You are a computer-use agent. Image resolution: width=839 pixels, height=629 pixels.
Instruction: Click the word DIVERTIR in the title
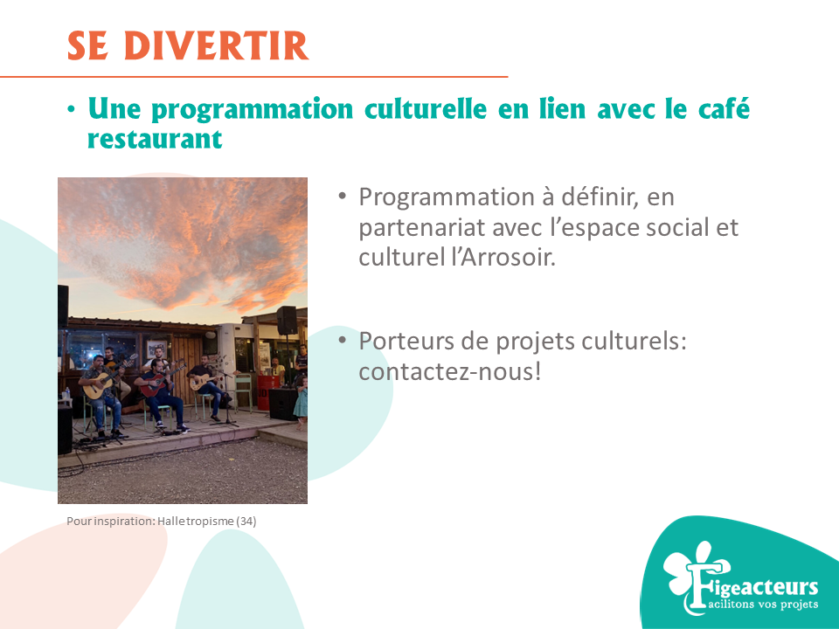216,46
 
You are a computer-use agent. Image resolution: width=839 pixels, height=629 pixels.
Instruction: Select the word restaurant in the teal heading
155,139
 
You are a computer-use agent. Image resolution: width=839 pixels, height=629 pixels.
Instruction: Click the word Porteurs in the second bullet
406,341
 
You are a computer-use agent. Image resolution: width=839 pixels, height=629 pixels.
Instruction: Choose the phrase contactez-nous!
449,371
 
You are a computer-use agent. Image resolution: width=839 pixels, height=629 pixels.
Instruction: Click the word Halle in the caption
169,521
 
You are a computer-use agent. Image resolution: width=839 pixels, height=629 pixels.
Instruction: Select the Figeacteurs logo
740,578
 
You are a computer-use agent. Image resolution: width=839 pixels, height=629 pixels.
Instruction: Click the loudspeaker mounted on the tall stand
287,321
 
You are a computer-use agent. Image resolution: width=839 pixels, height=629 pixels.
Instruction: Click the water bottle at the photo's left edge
67,394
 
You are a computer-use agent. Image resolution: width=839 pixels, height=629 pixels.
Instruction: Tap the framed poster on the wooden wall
156,349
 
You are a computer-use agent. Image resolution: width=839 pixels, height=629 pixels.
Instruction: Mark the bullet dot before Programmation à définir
343,197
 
